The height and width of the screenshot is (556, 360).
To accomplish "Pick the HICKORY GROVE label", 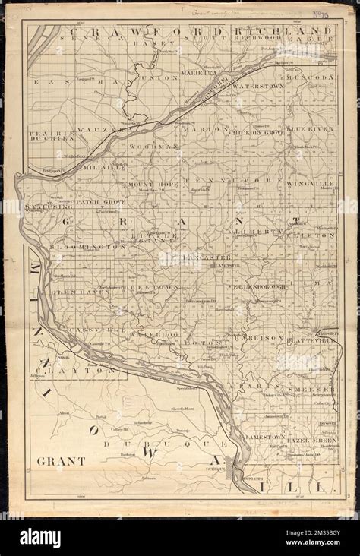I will click(x=255, y=132).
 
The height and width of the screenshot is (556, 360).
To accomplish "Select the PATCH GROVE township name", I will click(x=99, y=202).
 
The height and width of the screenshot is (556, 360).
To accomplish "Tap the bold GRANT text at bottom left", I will click(x=61, y=461).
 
